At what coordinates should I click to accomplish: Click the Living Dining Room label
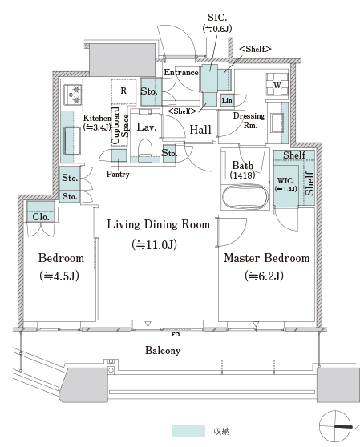click(x=158, y=224)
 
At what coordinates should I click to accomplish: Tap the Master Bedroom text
click(x=267, y=258)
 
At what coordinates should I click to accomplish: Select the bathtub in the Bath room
click(x=245, y=197)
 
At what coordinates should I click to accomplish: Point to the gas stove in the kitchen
click(x=72, y=95)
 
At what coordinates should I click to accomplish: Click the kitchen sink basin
click(x=72, y=141)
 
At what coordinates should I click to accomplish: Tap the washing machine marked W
click(x=277, y=84)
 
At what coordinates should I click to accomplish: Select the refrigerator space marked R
click(x=123, y=91)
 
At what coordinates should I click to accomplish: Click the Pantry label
click(x=118, y=174)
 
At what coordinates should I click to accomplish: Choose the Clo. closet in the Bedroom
click(x=41, y=212)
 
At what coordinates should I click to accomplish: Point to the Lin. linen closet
click(x=228, y=100)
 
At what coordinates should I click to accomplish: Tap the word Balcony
click(x=163, y=350)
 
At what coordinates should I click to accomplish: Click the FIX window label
click(x=176, y=335)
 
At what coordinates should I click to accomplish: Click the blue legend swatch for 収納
click(x=188, y=431)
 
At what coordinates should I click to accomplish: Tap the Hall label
click(x=200, y=130)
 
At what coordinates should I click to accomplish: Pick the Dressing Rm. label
click(x=249, y=120)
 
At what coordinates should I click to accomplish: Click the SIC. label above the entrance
click(x=217, y=18)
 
